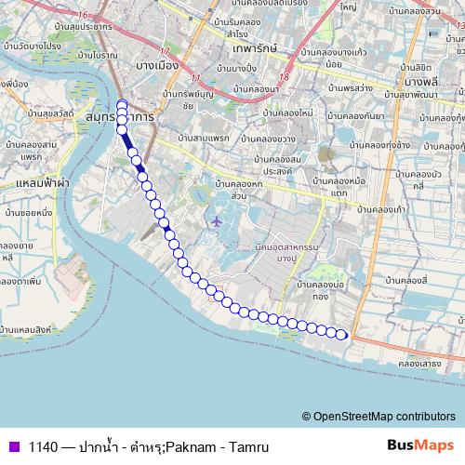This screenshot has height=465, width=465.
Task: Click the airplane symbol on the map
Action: click(x=217, y=221)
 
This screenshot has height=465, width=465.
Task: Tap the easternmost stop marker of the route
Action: click(x=342, y=335)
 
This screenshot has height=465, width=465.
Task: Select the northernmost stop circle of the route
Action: click(x=122, y=103)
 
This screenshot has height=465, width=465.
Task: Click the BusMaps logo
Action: click(x=420, y=445)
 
